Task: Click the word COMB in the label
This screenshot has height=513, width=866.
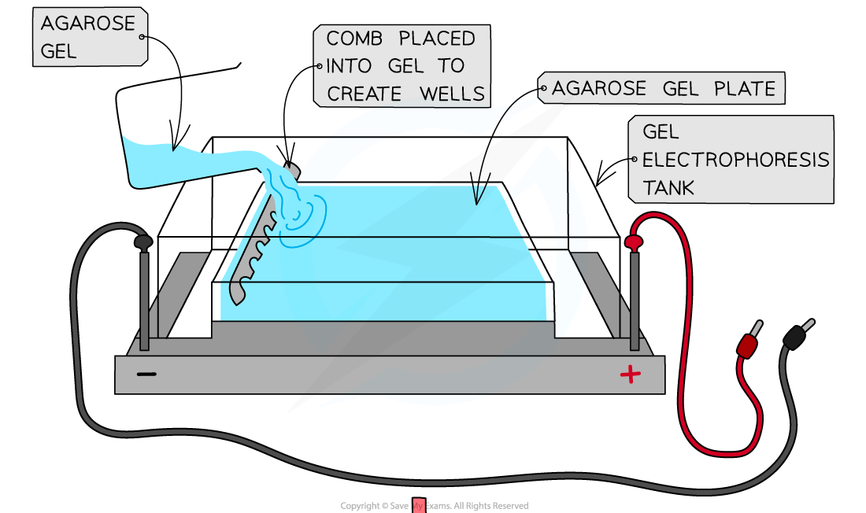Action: (x=355, y=39)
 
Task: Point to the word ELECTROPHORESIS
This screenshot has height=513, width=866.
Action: (x=735, y=161)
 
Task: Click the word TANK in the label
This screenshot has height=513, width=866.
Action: (x=668, y=188)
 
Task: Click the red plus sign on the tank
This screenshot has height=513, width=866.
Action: (x=630, y=375)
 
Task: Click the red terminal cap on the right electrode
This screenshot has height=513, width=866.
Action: (x=634, y=242)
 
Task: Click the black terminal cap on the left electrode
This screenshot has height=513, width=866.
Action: (x=143, y=243)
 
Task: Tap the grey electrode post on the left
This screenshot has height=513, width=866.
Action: (x=144, y=299)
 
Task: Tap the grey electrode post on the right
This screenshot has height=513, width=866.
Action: (x=634, y=299)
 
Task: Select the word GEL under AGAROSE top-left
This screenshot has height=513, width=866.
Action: (x=59, y=51)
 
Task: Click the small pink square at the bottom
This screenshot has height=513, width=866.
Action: (x=418, y=506)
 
